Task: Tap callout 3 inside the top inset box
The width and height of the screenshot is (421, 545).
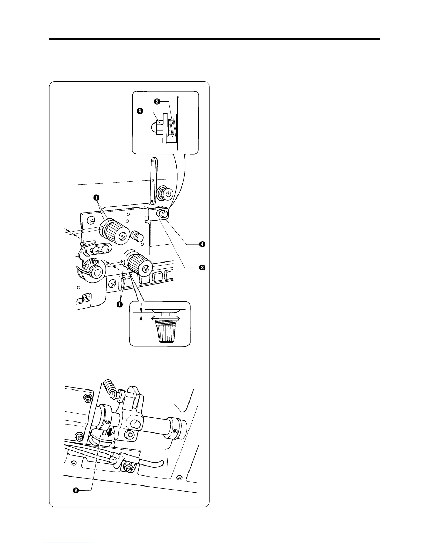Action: [x=157, y=101]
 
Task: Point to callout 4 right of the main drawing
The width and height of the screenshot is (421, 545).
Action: [x=202, y=244]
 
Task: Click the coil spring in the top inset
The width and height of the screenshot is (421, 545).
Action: [x=172, y=126]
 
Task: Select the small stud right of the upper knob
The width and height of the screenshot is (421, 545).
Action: [x=138, y=237]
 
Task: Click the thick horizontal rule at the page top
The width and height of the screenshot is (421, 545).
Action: [x=214, y=39]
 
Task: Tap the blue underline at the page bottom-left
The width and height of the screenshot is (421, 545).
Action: [x=68, y=542]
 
